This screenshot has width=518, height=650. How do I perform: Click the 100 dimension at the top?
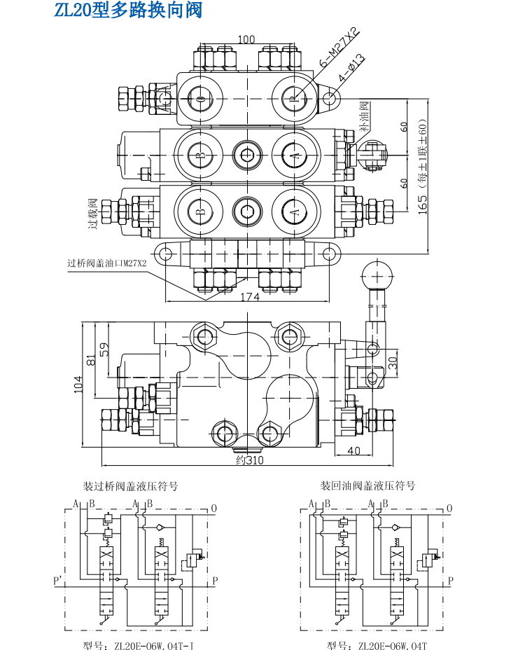pos(246,39)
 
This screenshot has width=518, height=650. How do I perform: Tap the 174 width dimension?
pos(250,297)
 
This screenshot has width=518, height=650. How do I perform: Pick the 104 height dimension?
pos(78,384)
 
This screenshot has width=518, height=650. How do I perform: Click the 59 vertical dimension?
pos(104,349)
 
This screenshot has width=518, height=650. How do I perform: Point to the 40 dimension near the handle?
pos(353,450)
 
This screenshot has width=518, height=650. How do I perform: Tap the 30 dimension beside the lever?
pos(393,363)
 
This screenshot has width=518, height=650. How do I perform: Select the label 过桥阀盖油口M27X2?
pos(107,263)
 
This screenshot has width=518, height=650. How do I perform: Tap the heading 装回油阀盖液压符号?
pos(367,486)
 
